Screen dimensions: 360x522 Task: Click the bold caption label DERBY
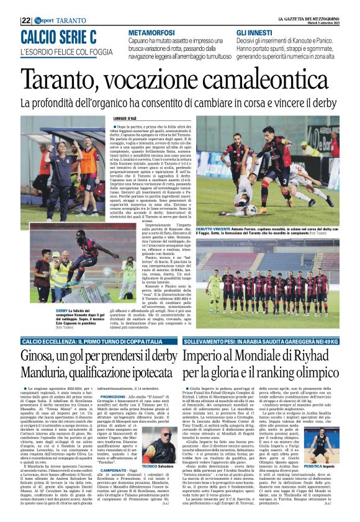click(62, 308)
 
